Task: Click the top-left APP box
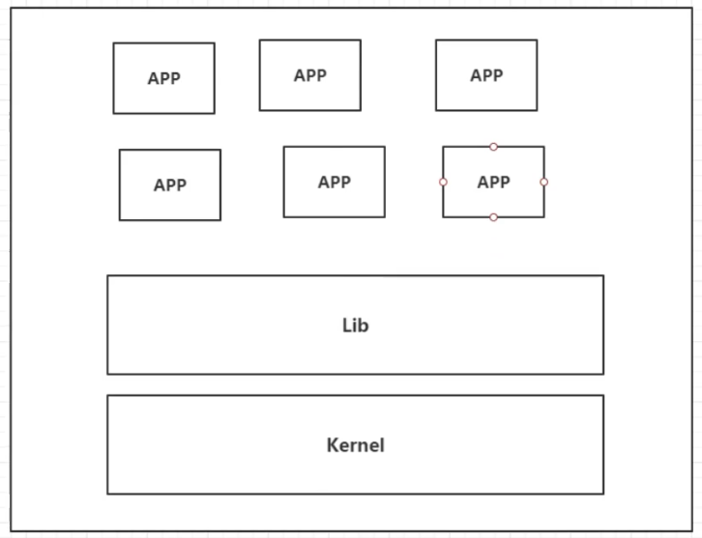coord(163,78)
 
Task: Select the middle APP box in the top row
coord(309,75)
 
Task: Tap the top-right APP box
coord(485,75)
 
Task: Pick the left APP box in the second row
coord(169,184)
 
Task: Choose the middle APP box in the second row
coord(334,182)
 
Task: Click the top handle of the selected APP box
coord(493,147)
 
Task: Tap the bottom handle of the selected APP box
coord(493,217)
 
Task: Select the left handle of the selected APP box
coord(443,182)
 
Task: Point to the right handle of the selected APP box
coord(543,182)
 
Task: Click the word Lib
coord(355,326)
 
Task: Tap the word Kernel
coord(355,445)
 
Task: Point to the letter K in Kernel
coord(332,445)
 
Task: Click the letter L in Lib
coord(346,326)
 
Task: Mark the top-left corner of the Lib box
coord(107,276)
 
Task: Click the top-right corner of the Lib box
coord(603,276)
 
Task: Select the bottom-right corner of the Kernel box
coord(603,494)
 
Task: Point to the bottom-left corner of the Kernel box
coord(107,494)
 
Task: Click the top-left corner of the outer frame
coord(11,9)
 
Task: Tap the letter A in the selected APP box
coord(482,182)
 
